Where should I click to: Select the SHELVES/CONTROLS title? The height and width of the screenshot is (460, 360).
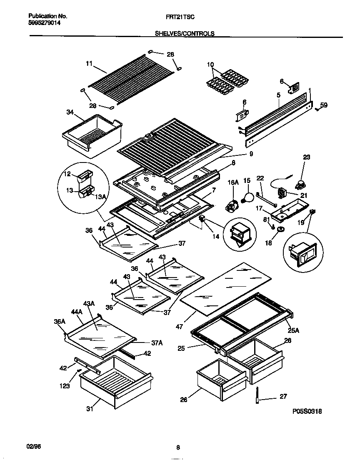[x=185, y=34]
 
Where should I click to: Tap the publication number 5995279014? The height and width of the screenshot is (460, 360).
[x=45, y=24]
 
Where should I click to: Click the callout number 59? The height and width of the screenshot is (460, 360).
[x=324, y=105]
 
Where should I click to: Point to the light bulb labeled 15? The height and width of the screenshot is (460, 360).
[x=249, y=197]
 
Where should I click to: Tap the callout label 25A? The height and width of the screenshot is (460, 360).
[x=294, y=331]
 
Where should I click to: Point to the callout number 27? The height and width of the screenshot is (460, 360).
[x=283, y=397]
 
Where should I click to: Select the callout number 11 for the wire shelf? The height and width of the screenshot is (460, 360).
[x=89, y=64]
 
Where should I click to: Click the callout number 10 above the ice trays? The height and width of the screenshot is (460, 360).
[x=210, y=65]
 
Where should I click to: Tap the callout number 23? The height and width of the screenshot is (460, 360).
[x=307, y=157]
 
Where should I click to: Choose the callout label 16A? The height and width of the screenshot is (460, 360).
[x=232, y=182]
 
